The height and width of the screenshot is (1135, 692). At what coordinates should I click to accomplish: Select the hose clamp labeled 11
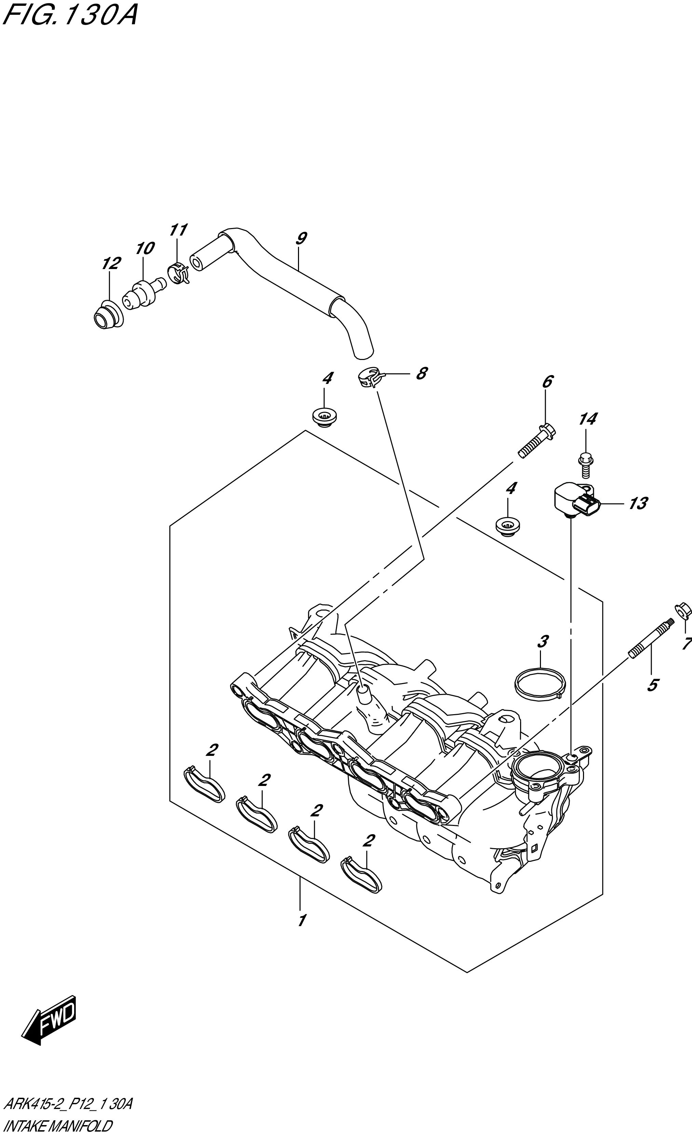tap(179, 275)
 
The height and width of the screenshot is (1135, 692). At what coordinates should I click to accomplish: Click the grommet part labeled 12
tap(107, 315)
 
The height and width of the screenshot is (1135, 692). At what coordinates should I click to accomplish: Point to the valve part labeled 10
tap(142, 293)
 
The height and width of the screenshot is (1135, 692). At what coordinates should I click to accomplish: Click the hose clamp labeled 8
tap(370, 379)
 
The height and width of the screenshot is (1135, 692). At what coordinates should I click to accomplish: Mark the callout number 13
tap(638, 504)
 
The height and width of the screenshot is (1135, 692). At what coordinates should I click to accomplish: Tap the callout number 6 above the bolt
tap(547, 382)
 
